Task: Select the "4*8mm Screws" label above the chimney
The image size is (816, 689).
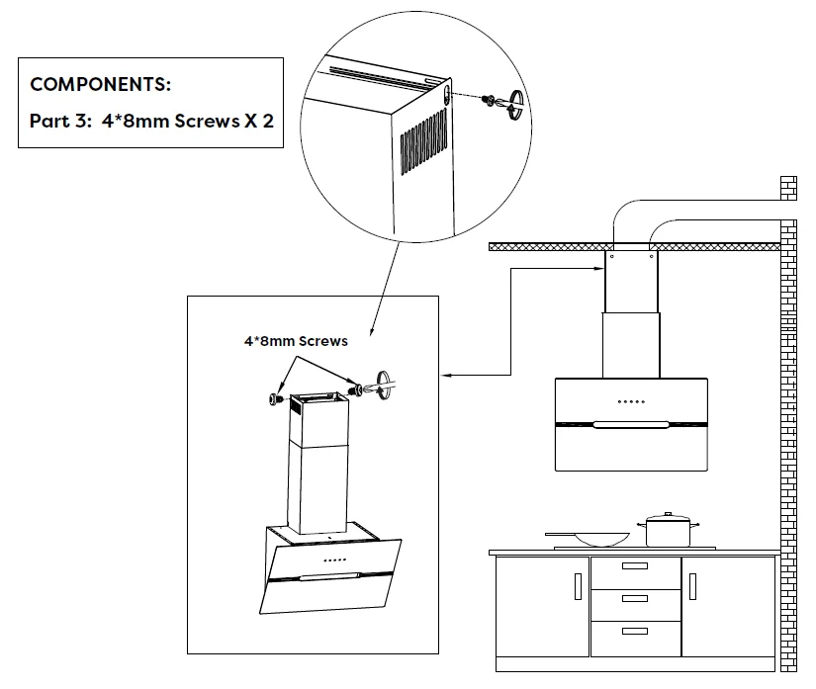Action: [296, 341]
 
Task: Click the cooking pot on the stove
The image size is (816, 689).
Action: [670, 532]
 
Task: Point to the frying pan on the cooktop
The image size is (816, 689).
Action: [597, 539]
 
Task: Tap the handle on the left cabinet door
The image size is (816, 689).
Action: [578, 586]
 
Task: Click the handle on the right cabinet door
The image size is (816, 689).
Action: [691, 586]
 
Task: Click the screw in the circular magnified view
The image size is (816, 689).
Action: [489, 99]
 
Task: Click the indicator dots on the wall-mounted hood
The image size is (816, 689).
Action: [631, 401]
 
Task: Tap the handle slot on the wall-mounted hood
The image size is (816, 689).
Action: [631, 426]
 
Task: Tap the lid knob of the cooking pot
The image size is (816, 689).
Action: [669, 514]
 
